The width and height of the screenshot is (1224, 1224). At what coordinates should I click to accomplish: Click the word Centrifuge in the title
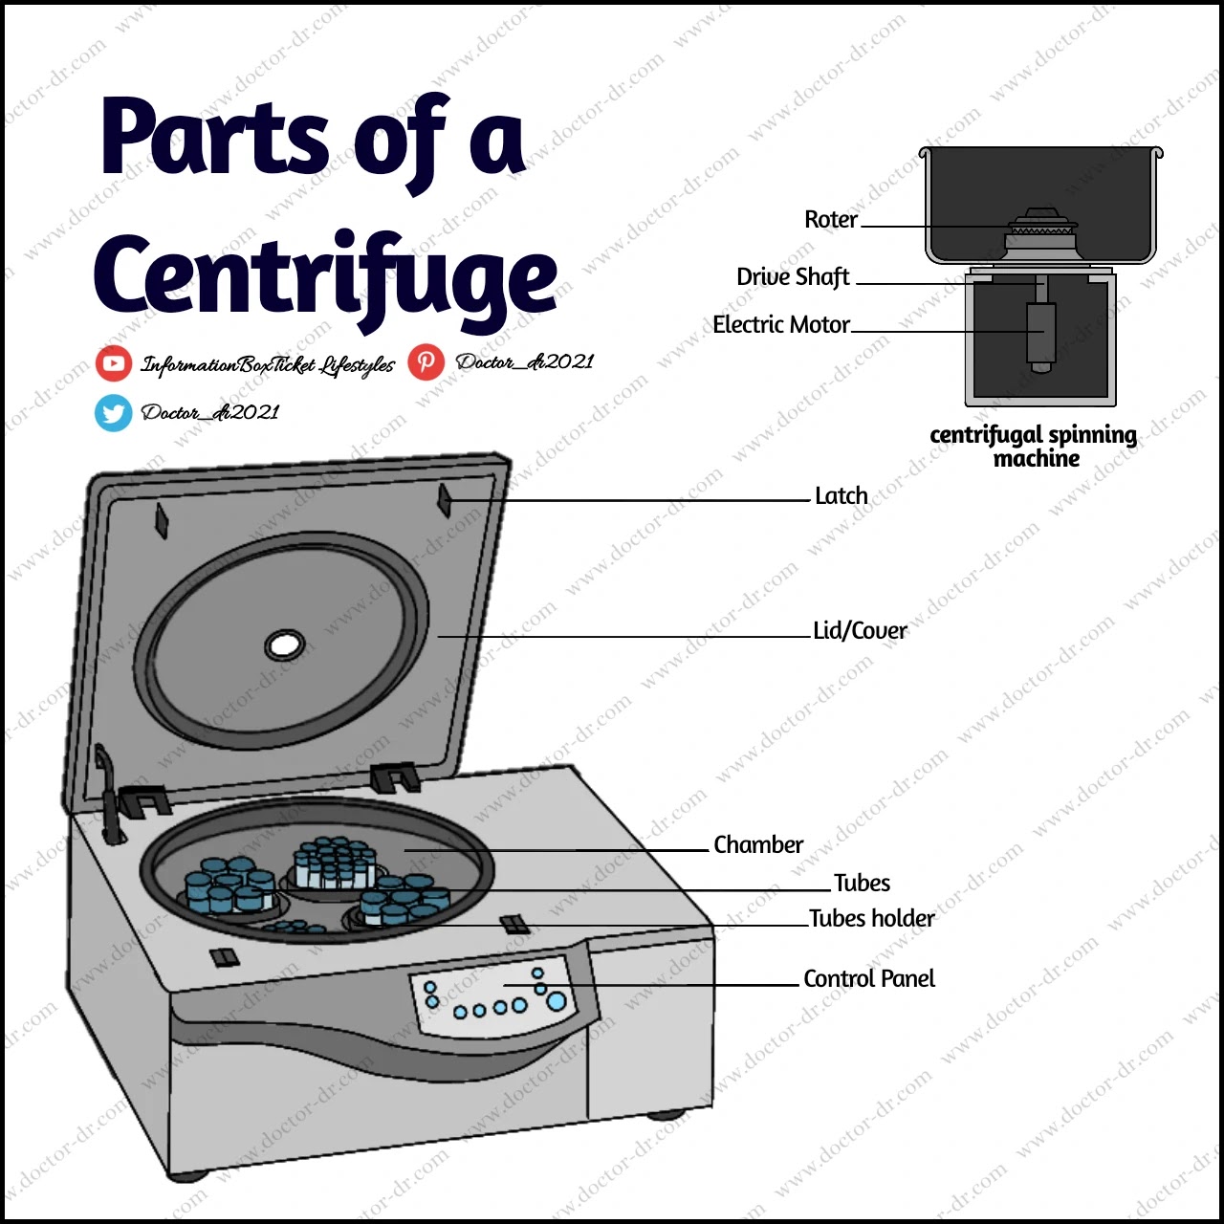pyautogui.click(x=325, y=277)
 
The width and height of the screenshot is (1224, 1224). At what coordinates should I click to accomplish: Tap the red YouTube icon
pyautogui.click(x=114, y=363)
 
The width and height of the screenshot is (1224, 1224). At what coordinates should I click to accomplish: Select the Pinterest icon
pyautogui.click(x=426, y=361)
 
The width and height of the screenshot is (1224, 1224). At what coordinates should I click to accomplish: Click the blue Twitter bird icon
pyautogui.click(x=114, y=413)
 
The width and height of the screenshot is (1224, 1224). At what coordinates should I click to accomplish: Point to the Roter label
pyautogui.click(x=830, y=220)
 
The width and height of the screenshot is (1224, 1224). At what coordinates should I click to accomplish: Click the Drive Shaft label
pyautogui.click(x=792, y=277)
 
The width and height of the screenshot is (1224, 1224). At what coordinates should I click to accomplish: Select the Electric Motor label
pyautogui.click(x=780, y=325)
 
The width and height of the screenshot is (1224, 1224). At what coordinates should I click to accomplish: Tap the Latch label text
pyautogui.click(x=841, y=495)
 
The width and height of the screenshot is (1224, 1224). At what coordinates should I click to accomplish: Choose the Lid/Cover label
pyautogui.click(x=859, y=631)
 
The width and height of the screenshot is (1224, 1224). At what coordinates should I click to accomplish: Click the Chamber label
pyautogui.click(x=757, y=845)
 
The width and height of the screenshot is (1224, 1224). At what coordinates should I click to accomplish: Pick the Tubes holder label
pyautogui.click(x=871, y=919)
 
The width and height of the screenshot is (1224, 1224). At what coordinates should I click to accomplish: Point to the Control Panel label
pyautogui.click(x=868, y=979)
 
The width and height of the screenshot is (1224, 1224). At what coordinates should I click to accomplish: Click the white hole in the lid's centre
pyautogui.click(x=284, y=645)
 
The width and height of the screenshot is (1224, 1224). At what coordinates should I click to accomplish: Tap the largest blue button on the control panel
pyautogui.click(x=556, y=1001)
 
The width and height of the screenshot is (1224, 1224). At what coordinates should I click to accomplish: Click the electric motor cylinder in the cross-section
pyautogui.click(x=1040, y=332)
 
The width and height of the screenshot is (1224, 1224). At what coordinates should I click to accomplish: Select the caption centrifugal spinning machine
pyautogui.click(x=1034, y=447)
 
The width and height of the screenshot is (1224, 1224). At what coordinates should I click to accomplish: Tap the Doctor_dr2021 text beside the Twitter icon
pyautogui.click(x=210, y=413)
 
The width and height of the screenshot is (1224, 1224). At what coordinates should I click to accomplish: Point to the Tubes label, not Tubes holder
pyautogui.click(x=862, y=884)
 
